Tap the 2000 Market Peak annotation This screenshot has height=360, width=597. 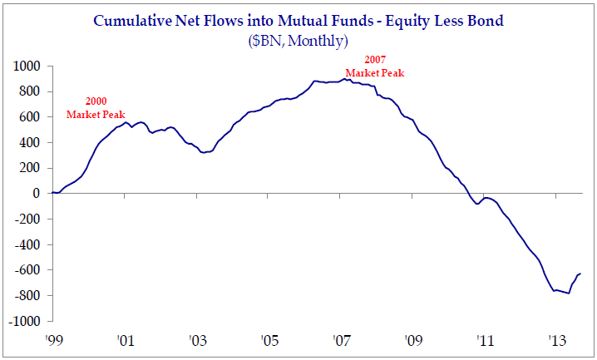pyautogui.click(x=95, y=107)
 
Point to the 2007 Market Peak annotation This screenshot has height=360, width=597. pyautogui.click(x=374, y=67)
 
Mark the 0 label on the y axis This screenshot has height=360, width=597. pyautogui.click(x=37, y=194)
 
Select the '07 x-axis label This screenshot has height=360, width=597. pyautogui.click(x=340, y=341)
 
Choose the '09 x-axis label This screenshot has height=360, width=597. pyautogui.click(x=412, y=341)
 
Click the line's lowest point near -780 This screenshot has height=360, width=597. pyautogui.click(x=569, y=293)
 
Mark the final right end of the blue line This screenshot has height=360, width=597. pyautogui.click(x=580, y=274)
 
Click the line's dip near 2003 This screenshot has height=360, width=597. pyautogui.click(x=204, y=153)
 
